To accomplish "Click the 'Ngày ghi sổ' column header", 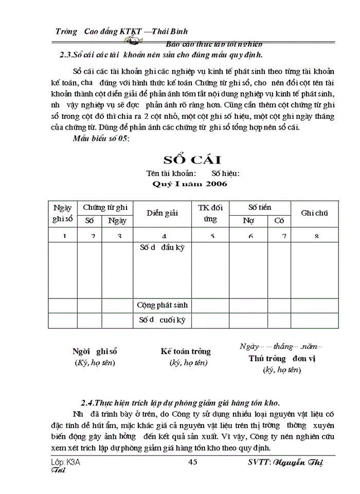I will click(63, 213).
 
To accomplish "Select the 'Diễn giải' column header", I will click(162, 213).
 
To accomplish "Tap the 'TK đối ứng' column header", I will click(210, 213).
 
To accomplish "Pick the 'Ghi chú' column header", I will click(314, 213).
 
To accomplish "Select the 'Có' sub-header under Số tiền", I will click(279, 221).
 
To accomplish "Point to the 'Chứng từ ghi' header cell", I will click(105, 207).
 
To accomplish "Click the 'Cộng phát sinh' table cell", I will click(162, 305).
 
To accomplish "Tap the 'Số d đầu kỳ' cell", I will click(162, 248).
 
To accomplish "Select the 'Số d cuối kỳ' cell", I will click(162, 320).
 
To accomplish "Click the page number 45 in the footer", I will click(193, 462).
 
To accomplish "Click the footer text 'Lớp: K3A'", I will click(66, 462).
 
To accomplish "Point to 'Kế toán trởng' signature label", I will click(186, 351).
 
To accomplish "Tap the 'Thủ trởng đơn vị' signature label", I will click(282, 359).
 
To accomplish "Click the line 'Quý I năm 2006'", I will click(190, 183).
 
